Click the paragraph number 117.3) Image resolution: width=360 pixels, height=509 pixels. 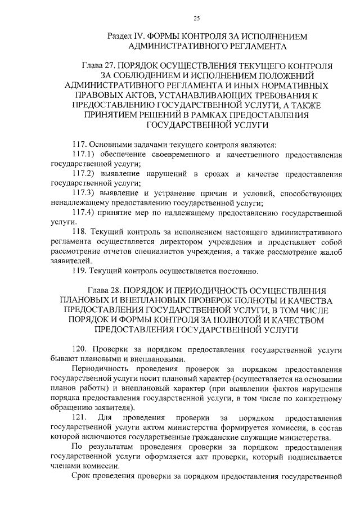click(83, 193)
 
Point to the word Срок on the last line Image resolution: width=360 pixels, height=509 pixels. click(83, 477)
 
